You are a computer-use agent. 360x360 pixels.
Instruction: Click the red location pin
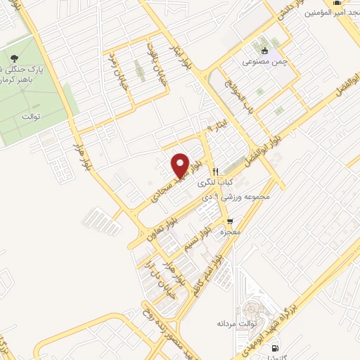(x=181, y=165)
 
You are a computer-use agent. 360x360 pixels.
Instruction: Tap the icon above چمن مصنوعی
(x=264, y=51)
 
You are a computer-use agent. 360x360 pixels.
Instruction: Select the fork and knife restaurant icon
(x=216, y=171)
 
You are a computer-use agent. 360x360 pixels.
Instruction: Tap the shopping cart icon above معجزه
(x=229, y=221)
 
